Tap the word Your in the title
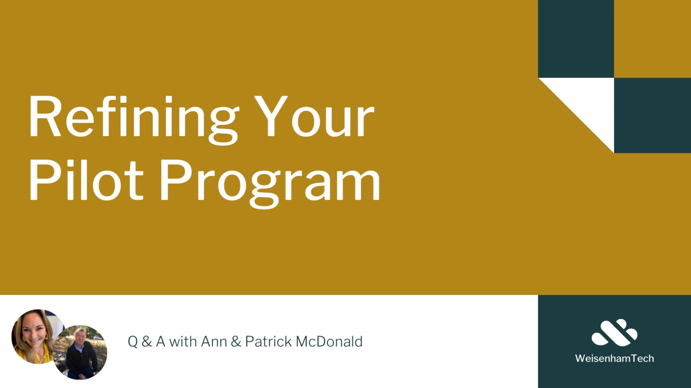(314, 116)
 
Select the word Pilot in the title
(86, 180)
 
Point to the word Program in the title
(270, 183)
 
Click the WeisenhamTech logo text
(614, 358)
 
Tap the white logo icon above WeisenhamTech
(614, 332)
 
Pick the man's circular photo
(80, 352)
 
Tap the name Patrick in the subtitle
(268, 342)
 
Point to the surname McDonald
(329, 342)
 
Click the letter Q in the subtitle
(133, 342)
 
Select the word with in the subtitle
(183, 342)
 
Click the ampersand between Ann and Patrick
(236, 342)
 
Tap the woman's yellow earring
(46, 337)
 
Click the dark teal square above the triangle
(576, 39)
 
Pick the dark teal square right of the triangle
(652, 115)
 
